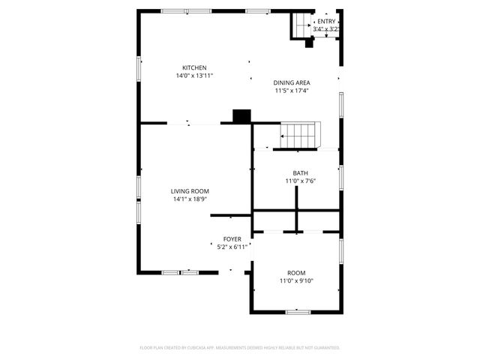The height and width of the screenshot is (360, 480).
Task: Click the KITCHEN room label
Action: pyautogui.click(x=194, y=67)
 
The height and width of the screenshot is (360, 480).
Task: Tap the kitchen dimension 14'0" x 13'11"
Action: pyautogui.click(x=194, y=76)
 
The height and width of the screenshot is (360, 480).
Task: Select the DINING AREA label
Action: pyautogui.click(x=292, y=82)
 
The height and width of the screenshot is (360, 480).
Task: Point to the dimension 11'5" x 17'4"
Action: pyautogui.click(x=292, y=91)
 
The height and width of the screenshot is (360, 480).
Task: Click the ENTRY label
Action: pyautogui.click(x=326, y=22)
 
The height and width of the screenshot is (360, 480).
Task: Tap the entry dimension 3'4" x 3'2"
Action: pyautogui.click(x=326, y=29)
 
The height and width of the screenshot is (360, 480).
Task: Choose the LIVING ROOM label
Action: pyautogui.click(x=190, y=191)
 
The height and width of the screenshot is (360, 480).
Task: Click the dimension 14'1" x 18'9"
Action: pyautogui.click(x=190, y=199)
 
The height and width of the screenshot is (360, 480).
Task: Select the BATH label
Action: pyautogui.click(x=300, y=173)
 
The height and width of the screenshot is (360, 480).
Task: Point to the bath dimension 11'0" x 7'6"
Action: pyautogui.click(x=300, y=181)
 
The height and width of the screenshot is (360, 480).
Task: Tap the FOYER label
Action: pyautogui.click(x=232, y=238)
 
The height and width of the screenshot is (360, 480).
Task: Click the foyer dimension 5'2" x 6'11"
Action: pyautogui.click(x=232, y=246)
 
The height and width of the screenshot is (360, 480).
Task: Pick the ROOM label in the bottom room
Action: pyautogui.click(x=296, y=273)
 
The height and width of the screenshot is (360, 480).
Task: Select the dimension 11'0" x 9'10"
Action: pyautogui.click(x=296, y=281)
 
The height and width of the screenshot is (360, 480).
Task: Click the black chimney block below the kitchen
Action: pyautogui.click(x=241, y=116)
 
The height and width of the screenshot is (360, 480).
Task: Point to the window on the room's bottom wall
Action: pyautogui.click(x=298, y=311)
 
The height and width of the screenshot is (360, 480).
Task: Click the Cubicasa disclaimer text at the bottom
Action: pyautogui.click(x=240, y=348)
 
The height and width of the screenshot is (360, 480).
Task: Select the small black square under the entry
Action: pyautogui.click(x=309, y=43)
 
